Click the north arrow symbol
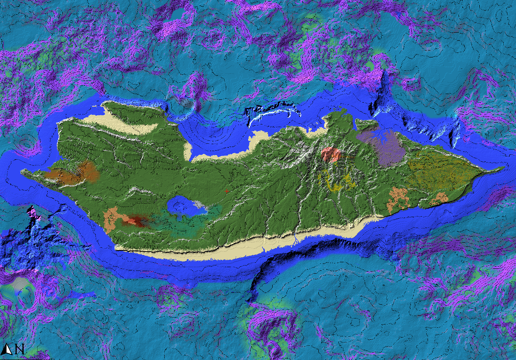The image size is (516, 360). click(x=7, y=349)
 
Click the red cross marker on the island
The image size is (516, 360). click(x=226, y=191)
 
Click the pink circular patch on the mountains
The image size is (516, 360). click(x=330, y=154)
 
